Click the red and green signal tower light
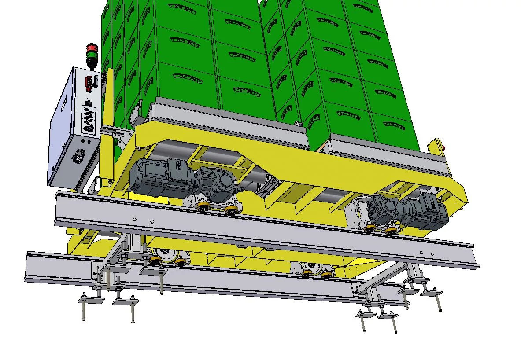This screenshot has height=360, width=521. coord(92,55)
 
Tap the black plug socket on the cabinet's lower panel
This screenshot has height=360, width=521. coord(80,155)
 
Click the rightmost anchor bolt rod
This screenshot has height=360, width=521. coord(439,303)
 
